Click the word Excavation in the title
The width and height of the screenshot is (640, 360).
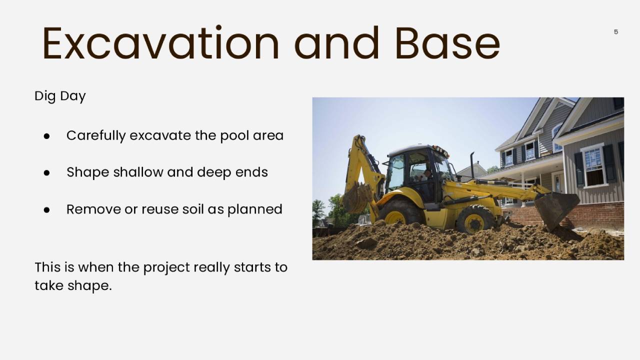[x=160, y=43]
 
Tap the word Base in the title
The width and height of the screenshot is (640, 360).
[x=447, y=43]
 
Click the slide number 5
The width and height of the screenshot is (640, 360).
[x=616, y=31]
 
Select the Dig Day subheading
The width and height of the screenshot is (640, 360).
[x=60, y=96]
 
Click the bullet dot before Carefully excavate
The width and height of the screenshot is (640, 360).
[x=46, y=136]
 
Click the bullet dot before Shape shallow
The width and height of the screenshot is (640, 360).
[x=46, y=173]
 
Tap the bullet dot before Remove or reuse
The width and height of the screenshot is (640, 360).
[x=46, y=210]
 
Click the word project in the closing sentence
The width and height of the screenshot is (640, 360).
[x=166, y=267]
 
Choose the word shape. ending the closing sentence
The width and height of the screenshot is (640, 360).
[x=89, y=285]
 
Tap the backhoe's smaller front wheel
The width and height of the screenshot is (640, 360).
[x=475, y=219]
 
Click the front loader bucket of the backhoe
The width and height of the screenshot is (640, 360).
[x=556, y=210]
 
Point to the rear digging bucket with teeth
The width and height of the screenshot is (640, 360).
[x=357, y=197]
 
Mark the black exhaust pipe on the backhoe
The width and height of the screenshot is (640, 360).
[x=472, y=165]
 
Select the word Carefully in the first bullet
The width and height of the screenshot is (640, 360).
[x=96, y=135]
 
